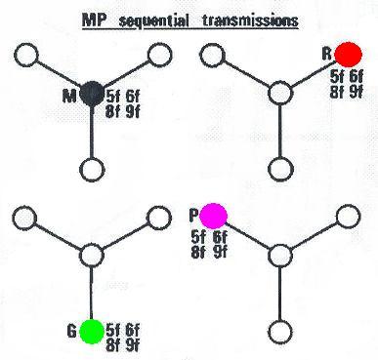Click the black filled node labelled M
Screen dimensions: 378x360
[92, 94]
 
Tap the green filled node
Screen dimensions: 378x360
[92, 331]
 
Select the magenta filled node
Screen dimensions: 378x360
[214, 216]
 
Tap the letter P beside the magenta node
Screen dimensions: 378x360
[195, 216]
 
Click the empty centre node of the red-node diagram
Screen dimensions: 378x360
[281, 94]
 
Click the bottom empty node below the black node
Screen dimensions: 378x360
[92, 168]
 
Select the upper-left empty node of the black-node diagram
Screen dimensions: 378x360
[30, 54]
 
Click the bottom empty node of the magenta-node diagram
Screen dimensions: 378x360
[281, 330]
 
